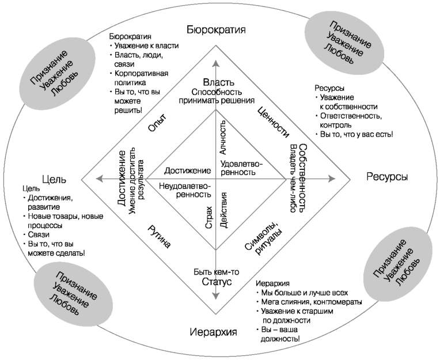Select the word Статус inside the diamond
215,283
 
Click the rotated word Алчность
224,141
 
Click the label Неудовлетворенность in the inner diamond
185,191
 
